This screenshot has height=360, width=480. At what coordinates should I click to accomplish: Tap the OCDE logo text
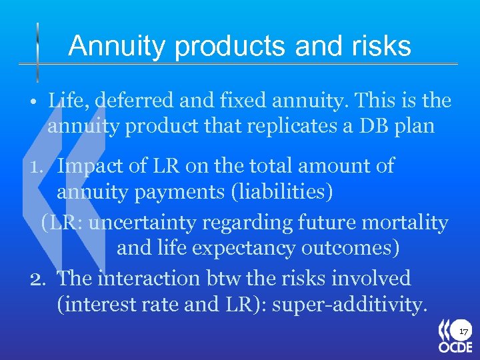click(455, 347)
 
